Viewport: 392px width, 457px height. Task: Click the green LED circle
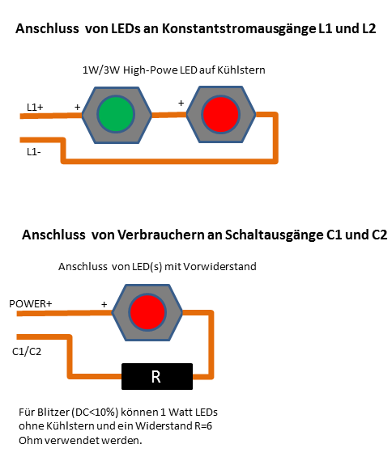click(116, 114)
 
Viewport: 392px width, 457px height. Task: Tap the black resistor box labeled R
click(157, 376)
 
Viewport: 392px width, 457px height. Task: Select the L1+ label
click(35, 108)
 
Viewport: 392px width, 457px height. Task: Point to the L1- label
click(34, 152)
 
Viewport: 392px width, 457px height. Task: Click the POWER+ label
click(31, 303)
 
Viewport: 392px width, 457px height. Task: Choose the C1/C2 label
click(27, 352)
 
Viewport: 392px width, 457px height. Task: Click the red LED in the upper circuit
click(220, 115)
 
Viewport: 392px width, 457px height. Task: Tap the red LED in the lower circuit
click(147, 312)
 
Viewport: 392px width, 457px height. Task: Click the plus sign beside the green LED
click(78, 107)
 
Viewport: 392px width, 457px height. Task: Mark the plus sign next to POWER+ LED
click(104, 305)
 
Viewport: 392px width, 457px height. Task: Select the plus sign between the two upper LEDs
click(181, 103)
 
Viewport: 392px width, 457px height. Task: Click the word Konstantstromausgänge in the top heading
click(239, 29)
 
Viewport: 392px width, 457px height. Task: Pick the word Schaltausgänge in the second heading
click(274, 235)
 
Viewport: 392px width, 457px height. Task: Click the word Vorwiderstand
click(220, 266)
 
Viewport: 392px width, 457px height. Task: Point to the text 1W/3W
click(101, 70)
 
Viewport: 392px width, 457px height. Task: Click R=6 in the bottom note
click(203, 426)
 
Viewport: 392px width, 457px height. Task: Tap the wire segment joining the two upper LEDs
click(169, 115)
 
